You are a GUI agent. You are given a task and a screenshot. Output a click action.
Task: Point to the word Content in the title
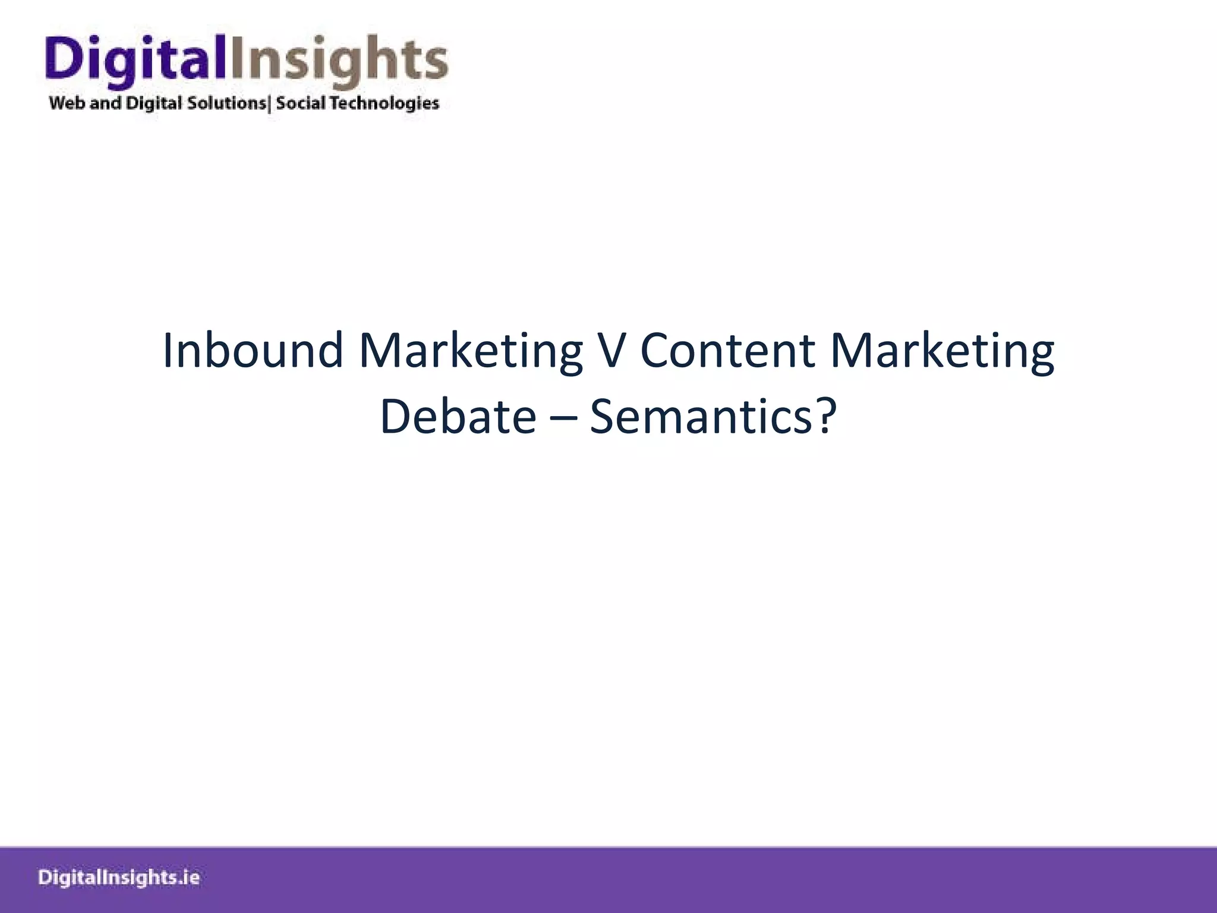tap(727, 351)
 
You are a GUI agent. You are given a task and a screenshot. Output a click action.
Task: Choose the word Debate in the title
tap(458, 416)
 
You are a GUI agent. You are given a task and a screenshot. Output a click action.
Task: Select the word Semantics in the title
tap(701, 416)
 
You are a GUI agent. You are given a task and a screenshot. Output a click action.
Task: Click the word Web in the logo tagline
tap(67, 103)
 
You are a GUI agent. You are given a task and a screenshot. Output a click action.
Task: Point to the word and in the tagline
tap(105, 103)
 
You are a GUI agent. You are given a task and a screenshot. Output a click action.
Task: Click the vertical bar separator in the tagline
tap(270, 104)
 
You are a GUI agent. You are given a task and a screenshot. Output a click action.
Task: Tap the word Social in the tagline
tap(301, 103)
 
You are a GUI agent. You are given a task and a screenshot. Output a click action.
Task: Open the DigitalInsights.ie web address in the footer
tap(119, 878)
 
